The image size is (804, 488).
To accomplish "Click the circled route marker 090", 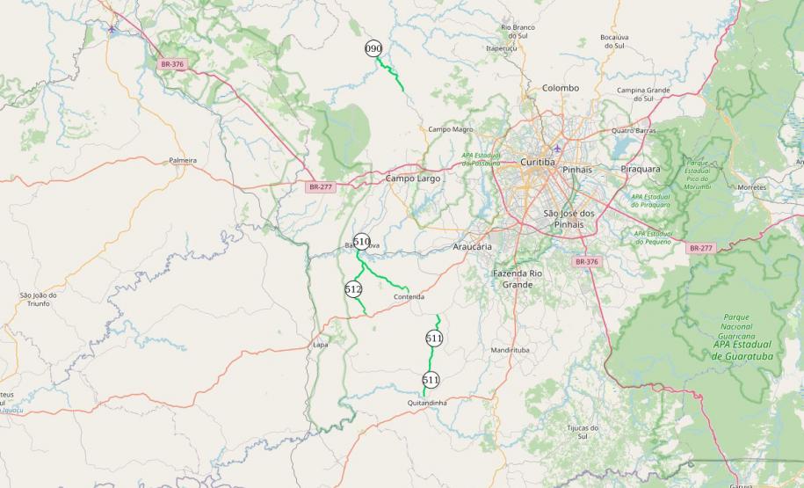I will pos(374,49).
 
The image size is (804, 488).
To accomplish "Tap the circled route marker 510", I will pos(361,241).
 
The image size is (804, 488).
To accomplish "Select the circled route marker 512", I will pos(354,288).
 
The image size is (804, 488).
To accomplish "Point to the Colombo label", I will pos(561,88).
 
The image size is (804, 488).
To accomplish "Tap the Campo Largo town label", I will pos(413,178).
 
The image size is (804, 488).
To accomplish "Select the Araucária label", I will pos(472,247).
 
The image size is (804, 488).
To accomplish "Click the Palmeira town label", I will pos(183,161).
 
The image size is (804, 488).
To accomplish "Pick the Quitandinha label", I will pos(428,403).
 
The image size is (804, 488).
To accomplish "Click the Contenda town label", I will pos(409,297).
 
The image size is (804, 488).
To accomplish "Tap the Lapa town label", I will pos(321,345).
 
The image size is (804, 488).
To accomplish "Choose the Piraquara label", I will pos(640,168).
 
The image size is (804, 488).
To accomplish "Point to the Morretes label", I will pos(751,187).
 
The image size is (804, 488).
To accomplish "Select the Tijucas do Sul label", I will pos(576,432).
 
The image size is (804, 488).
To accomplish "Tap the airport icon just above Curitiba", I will pos(558,148).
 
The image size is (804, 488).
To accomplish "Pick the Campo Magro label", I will pos(451,129).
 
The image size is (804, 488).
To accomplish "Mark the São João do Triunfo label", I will pos(38,300).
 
